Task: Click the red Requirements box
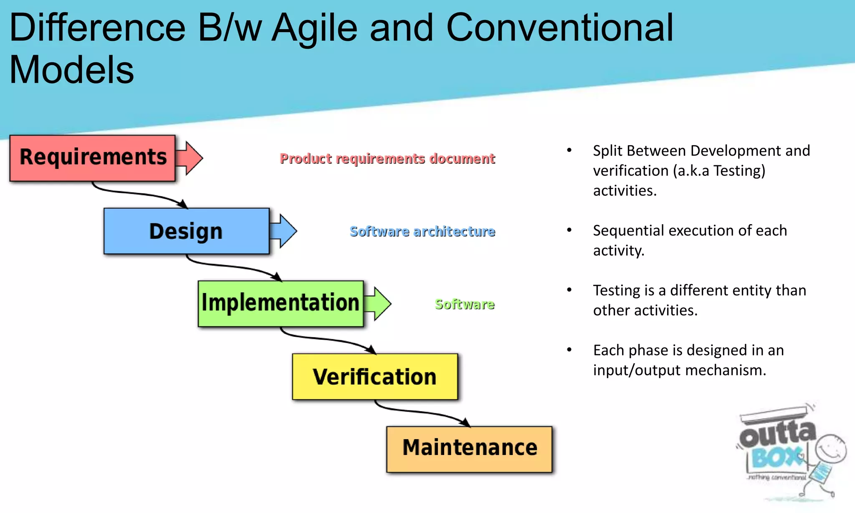(x=92, y=158)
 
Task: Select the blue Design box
(x=186, y=231)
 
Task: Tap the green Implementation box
(x=281, y=303)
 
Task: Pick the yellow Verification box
(x=375, y=377)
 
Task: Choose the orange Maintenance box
(x=469, y=449)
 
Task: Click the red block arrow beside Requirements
(x=190, y=158)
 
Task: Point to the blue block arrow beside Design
(x=284, y=231)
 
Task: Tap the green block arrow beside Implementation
(x=378, y=303)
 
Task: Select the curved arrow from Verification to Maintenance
(x=422, y=412)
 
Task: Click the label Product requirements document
(x=387, y=159)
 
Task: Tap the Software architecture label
(x=422, y=231)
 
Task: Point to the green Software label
(x=465, y=304)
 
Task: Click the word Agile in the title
(x=315, y=28)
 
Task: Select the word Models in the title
(x=71, y=70)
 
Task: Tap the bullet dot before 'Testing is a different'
(x=569, y=290)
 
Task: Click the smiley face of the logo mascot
(x=831, y=449)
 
